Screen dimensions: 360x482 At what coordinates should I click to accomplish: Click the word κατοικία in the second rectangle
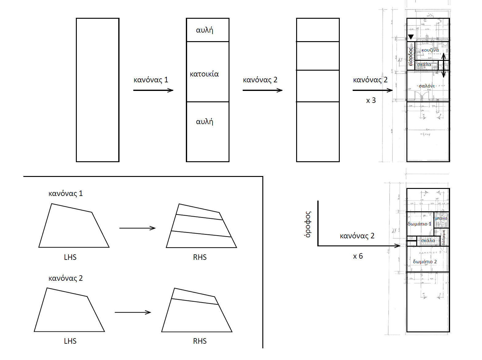(x=204, y=74)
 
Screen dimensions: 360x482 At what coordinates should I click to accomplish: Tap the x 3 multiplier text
(x=371, y=100)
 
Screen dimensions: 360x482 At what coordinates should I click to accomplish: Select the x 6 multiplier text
(x=358, y=256)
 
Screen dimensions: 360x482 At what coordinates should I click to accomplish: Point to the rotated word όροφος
(x=308, y=224)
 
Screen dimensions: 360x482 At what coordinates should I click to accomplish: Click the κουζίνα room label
(x=430, y=50)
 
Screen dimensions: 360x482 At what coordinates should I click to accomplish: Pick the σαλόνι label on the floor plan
(x=427, y=86)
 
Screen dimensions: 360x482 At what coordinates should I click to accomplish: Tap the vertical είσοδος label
(x=410, y=57)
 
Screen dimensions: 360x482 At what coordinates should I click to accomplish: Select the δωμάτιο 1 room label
(x=419, y=224)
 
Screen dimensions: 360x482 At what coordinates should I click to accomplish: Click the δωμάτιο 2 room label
(x=425, y=262)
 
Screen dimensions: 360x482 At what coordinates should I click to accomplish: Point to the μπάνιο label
(x=441, y=218)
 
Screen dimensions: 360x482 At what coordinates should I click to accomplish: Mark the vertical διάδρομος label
(x=444, y=237)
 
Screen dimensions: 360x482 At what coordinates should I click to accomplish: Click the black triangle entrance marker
(x=411, y=37)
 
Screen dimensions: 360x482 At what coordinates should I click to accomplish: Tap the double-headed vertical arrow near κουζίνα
(x=443, y=65)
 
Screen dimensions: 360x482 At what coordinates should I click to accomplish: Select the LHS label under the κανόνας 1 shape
(x=70, y=257)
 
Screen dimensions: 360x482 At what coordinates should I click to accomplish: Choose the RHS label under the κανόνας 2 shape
(x=200, y=341)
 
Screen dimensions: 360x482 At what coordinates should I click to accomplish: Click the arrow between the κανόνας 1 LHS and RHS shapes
(x=137, y=228)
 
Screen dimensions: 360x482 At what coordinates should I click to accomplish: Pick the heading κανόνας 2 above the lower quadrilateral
(x=65, y=278)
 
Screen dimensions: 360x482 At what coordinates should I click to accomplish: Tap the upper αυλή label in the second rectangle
(x=205, y=30)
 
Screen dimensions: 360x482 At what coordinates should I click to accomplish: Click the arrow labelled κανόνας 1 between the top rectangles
(x=153, y=90)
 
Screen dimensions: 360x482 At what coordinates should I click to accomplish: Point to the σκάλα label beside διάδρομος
(x=428, y=241)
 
